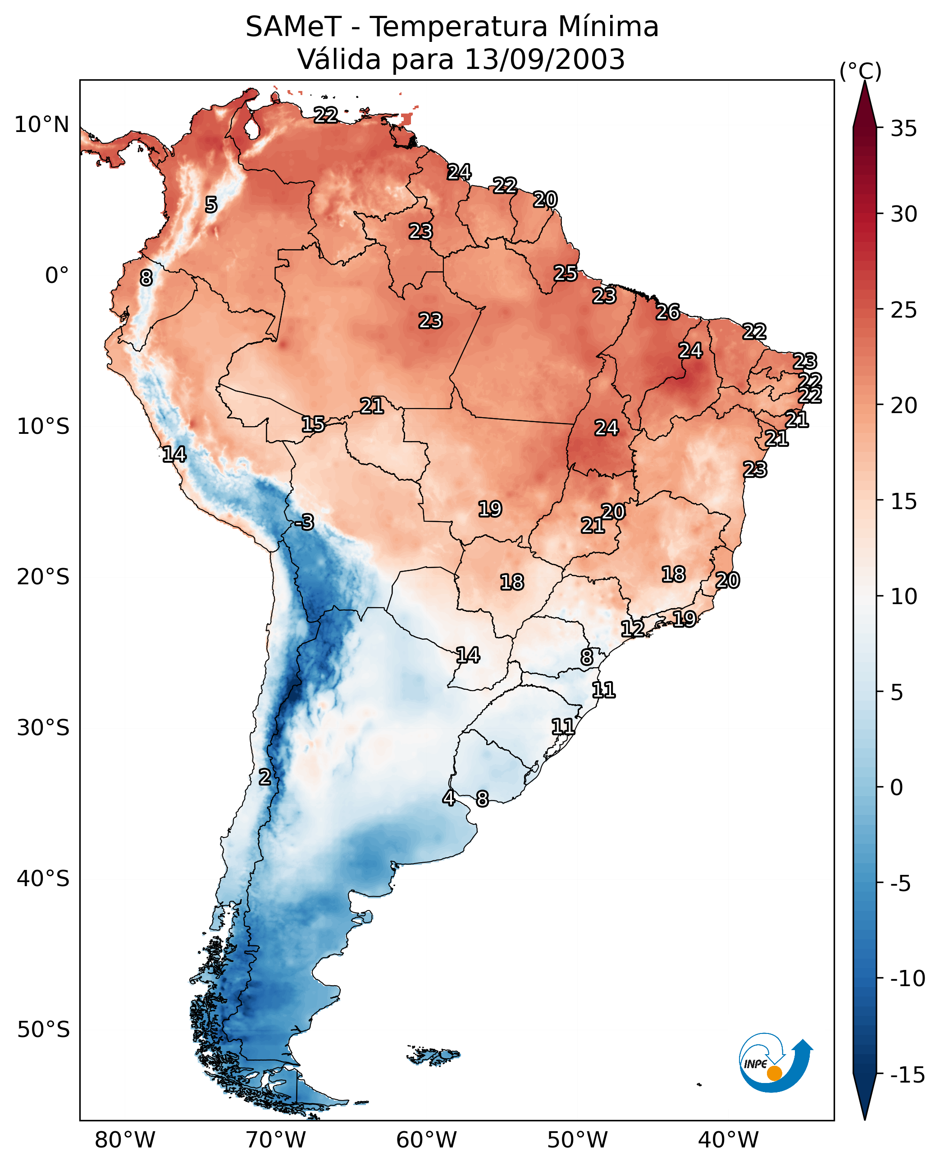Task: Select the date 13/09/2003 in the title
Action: coord(545,59)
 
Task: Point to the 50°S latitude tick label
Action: coord(43,1029)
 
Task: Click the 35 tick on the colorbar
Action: coord(903,129)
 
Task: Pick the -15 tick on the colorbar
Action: coord(908,1074)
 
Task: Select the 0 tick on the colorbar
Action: coord(897,787)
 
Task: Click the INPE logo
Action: coord(776,1062)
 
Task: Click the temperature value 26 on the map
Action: coord(668,312)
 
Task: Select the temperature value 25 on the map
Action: coord(565,273)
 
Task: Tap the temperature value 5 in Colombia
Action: coord(211,205)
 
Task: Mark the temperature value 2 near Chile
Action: coord(264,777)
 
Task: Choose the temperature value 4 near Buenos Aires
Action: coord(448,797)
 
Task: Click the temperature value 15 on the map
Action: coord(313,424)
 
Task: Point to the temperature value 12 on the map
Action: coord(632,628)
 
